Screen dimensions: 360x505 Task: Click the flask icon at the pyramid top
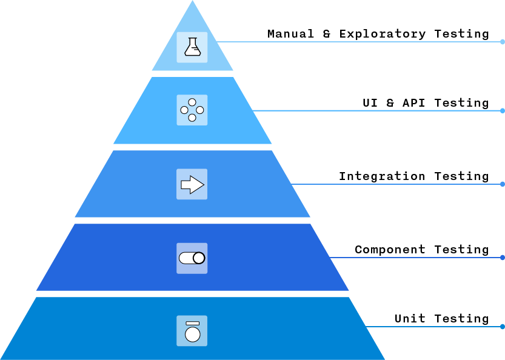click(x=192, y=47)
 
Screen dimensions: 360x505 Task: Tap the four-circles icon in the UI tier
click(x=192, y=110)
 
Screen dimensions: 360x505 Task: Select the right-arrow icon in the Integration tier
click(x=192, y=184)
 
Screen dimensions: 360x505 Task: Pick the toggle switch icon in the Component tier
click(x=192, y=258)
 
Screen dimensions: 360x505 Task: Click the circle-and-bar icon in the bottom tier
click(x=192, y=331)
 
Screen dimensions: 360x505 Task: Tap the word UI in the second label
click(x=370, y=103)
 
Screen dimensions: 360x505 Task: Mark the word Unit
click(x=410, y=319)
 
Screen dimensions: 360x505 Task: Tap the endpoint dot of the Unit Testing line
click(x=503, y=327)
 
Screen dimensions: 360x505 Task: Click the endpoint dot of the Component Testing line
click(x=503, y=258)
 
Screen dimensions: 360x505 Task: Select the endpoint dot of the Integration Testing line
click(x=503, y=184)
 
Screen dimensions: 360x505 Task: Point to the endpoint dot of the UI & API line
click(x=503, y=111)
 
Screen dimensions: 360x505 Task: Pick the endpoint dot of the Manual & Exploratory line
click(x=503, y=42)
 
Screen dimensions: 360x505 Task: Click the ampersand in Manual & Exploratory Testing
click(x=327, y=34)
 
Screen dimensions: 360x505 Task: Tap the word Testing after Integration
click(x=461, y=177)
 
